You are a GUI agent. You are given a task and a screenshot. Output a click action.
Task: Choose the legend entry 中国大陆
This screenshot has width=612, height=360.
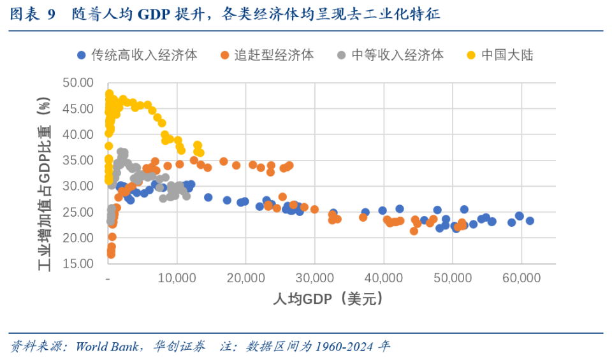[507, 55]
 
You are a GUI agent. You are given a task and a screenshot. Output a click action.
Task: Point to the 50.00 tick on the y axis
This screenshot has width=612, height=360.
[78, 83]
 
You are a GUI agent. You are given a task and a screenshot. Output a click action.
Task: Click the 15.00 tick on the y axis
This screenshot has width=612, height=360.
[78, 264]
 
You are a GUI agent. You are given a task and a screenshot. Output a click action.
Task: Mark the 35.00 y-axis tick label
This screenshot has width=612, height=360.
[78, 161]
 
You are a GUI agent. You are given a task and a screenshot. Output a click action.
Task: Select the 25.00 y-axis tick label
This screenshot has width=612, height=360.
[78, 212]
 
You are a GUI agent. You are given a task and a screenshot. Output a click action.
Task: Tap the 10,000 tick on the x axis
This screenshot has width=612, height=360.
[177, 279]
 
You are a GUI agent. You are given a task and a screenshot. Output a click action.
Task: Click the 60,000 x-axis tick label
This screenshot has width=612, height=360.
[521, 279]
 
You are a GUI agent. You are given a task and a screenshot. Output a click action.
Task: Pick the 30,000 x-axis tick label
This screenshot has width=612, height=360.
[315, 279]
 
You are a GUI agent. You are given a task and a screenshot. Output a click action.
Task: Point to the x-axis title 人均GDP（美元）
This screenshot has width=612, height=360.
[330, 299]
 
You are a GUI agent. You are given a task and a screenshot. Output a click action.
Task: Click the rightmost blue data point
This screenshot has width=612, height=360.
[530, 220]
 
